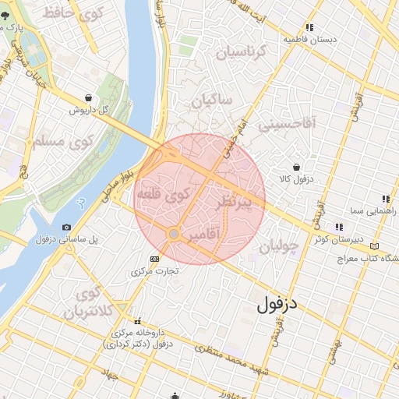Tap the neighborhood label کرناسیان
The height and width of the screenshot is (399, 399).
pyautogui.click(x=241, y=52)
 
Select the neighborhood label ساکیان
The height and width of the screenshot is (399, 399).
pyautogui.click(x=214, y=101)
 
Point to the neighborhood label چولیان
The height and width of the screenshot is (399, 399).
pyautogui.click(x=279, y=247)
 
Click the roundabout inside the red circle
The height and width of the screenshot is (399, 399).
pyautogui.click(x=174, y=234)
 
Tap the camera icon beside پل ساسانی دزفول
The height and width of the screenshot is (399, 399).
pyautogui.click(x=66, y=227)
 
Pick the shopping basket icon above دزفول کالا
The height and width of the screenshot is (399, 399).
pyautogui.click(x=297, y=167)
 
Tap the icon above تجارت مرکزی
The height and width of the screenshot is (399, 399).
pyautogui.click(x=154, y=259)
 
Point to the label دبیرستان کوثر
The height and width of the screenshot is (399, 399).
pyautogui.click(x=339, y=240)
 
